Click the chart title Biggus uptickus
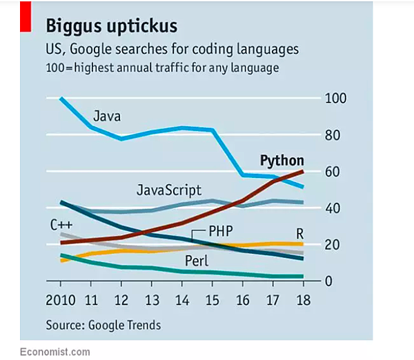[111, 26]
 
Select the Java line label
[107, 116]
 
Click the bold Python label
[282, 161]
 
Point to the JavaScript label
[169, 190]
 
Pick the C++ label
[61, 223]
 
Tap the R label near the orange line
[300, 233]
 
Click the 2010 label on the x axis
[61, 301]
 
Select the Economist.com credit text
[55, 352]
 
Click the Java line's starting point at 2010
[61, 99]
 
